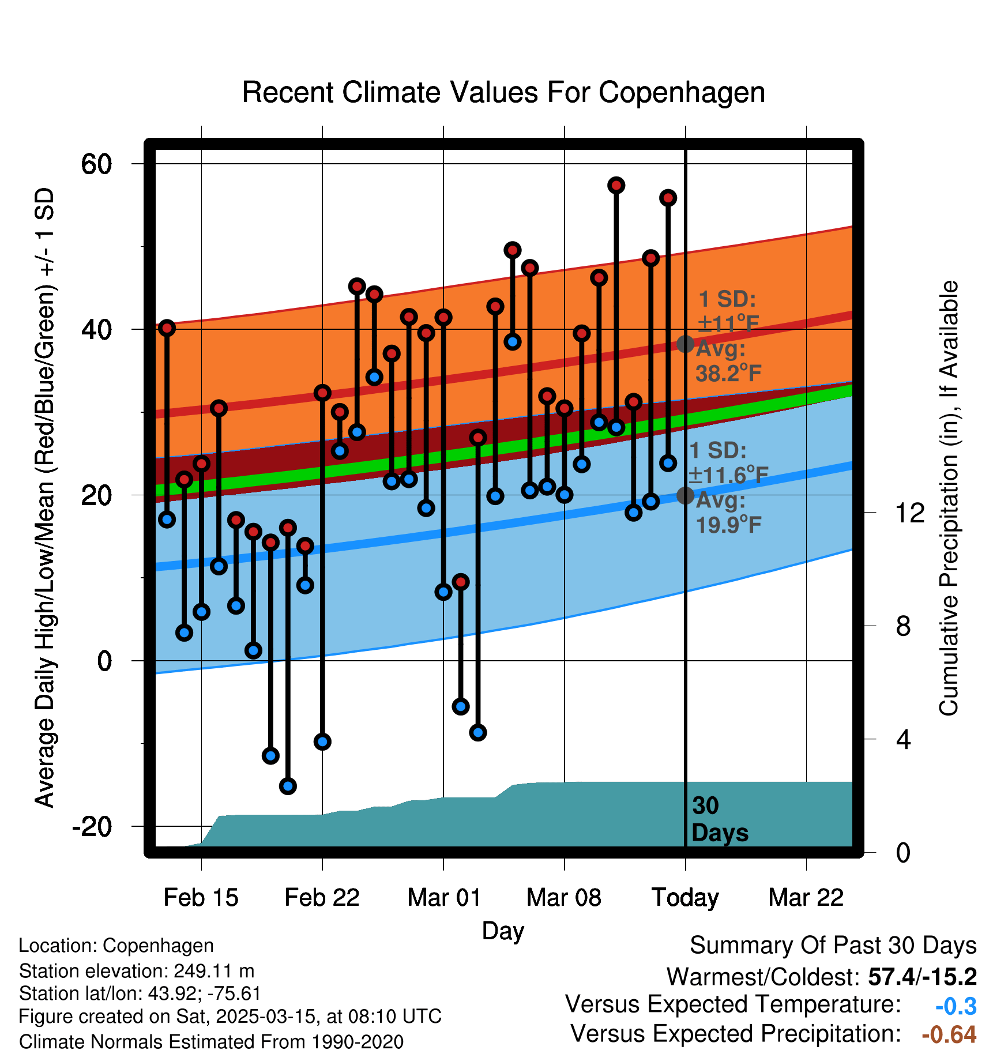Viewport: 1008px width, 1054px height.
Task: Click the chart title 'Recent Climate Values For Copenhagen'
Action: point(503,92)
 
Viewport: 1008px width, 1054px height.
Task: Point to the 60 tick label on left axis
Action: point(96,164)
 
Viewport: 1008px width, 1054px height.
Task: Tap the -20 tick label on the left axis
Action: point(92,827)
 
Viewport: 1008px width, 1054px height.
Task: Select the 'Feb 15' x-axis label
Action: point(201,898)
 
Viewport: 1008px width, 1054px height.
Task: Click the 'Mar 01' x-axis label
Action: point(443,898)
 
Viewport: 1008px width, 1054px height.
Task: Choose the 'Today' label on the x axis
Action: point(685,898)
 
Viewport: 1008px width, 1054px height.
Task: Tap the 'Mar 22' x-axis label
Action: point(806,898)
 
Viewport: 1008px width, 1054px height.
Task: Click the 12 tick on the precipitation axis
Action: point(910,513)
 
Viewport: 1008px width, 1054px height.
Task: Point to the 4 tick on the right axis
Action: point(903,739)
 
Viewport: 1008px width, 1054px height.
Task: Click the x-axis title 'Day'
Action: point(503,931)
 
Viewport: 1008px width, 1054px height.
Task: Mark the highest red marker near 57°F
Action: point(616,185)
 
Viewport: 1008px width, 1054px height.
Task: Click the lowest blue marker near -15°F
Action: point(288,786)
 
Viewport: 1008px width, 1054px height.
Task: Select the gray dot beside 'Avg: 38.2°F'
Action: point(685,344)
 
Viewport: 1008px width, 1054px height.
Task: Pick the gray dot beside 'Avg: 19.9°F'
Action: point(685,495)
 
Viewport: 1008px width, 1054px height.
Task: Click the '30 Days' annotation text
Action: point(719,819)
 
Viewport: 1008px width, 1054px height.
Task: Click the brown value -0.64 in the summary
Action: point(949,1034)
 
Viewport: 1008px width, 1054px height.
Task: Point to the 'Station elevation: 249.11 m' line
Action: point(137,971)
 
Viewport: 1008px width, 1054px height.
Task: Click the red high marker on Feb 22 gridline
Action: point(322,393)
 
